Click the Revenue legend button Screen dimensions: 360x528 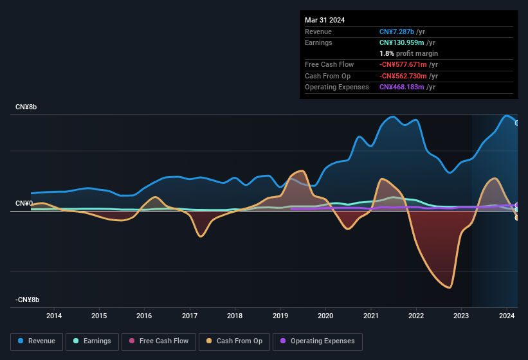37,341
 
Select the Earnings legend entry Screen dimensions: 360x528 92,341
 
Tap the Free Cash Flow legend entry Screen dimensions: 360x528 159,341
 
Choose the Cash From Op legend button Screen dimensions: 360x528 234,341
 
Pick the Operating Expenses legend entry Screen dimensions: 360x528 317,341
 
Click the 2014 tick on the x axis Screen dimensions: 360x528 54,316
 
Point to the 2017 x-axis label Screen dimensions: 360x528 190,316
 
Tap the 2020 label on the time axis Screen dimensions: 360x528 325,316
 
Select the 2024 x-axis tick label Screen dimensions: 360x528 507,316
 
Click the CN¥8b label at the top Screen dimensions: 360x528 26,107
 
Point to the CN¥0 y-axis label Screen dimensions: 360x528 24,203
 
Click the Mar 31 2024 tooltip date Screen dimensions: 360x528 325,20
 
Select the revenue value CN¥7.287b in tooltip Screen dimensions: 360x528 400,32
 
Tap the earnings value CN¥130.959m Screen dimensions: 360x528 406,42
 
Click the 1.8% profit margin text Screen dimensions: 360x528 408,53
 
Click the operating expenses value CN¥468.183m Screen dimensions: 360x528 407,87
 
